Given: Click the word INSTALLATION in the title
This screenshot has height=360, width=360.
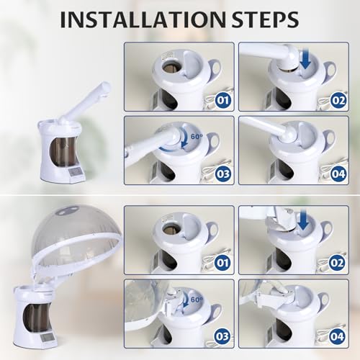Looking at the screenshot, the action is [x=143, y=19].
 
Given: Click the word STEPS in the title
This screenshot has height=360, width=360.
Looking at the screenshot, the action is [x=265, y=19].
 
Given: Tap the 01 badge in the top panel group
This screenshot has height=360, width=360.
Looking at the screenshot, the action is [x=223, y=100].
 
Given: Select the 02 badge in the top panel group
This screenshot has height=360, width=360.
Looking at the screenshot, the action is [x=338, y=100].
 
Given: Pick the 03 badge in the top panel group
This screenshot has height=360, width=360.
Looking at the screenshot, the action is [x=223, y=174].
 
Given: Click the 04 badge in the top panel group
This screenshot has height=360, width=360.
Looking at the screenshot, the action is [x=338, y=174].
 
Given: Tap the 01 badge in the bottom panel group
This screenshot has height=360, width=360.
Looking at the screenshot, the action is [x=223, y=263].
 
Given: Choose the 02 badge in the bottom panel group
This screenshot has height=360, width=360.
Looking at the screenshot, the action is [x=337, y=263].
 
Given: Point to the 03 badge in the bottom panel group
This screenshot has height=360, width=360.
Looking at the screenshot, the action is [x=222, y=336].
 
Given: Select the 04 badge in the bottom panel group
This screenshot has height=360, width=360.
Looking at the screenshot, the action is [x=337, y=336].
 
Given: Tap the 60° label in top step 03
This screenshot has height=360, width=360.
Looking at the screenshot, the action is [x=197, y=137].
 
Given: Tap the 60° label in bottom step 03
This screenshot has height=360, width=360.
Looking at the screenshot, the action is [x=197, y=300].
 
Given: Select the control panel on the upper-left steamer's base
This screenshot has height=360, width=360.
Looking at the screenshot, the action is [x=76, y=172].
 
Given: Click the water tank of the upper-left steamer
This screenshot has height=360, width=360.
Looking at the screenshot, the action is [x=63, y=152].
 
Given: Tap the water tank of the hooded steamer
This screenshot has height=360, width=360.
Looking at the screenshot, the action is [x=37, y=318].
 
